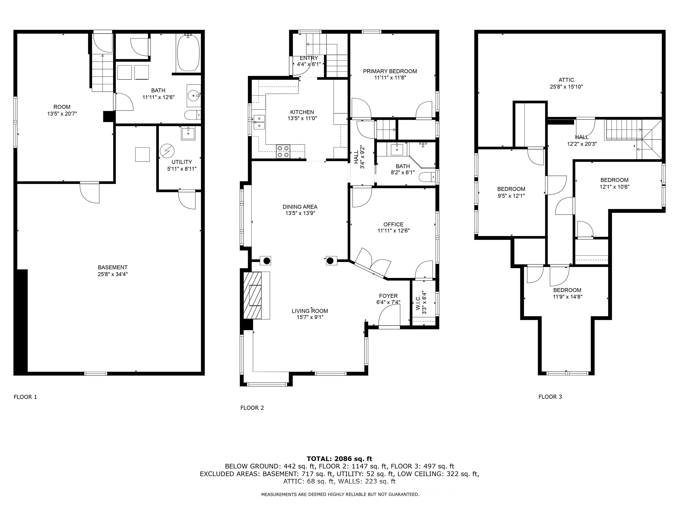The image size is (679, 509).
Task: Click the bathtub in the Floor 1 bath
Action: click(x=188, y=53)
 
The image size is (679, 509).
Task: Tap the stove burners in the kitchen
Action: click(x=283, y=151)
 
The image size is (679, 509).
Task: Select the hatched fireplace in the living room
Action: click(x=252, y=295)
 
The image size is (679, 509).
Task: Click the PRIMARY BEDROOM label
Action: click(x=390, y=71)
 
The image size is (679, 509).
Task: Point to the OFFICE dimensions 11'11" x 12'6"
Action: click(x=393, y=231)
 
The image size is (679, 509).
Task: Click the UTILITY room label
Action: click(x=182, y=162)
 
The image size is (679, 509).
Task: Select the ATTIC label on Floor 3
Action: click(x=566, y=80)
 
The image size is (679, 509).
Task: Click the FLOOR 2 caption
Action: click(x=252, y=408)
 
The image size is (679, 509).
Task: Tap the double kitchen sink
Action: click(x=259, y=122)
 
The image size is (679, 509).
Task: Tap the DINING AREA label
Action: click(x=300, y=207)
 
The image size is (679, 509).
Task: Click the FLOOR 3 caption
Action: click(x=550, y=397)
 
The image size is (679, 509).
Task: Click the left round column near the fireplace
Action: click(x=267, y=261)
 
